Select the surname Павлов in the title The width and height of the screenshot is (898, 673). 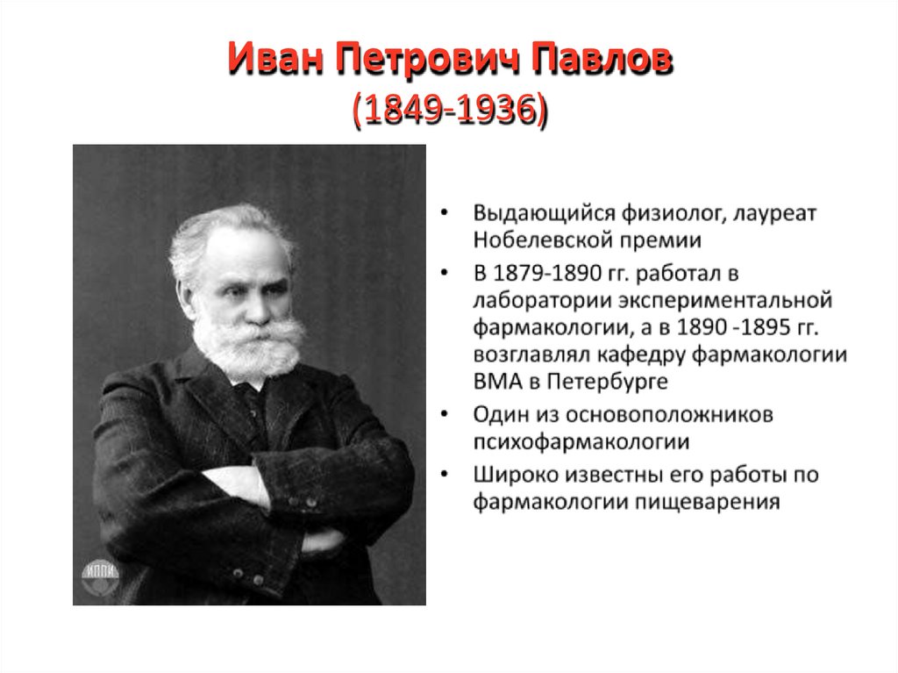point(605,64)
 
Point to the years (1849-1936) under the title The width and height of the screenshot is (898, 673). point(449,111)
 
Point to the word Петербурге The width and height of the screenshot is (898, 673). point(607,382)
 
